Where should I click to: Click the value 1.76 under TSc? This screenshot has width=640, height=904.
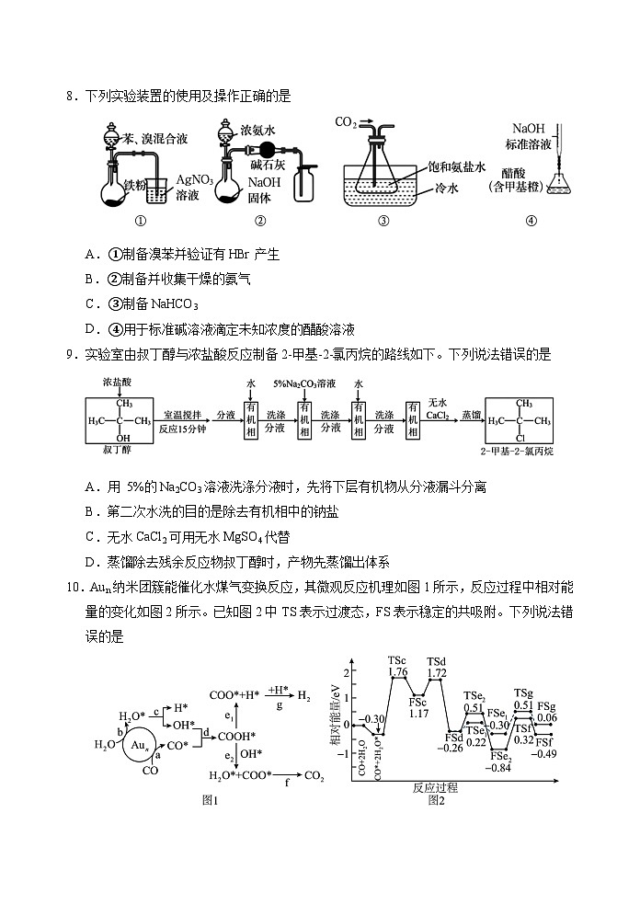point(398,672)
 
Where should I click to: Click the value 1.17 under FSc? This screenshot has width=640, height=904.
point(419,714)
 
